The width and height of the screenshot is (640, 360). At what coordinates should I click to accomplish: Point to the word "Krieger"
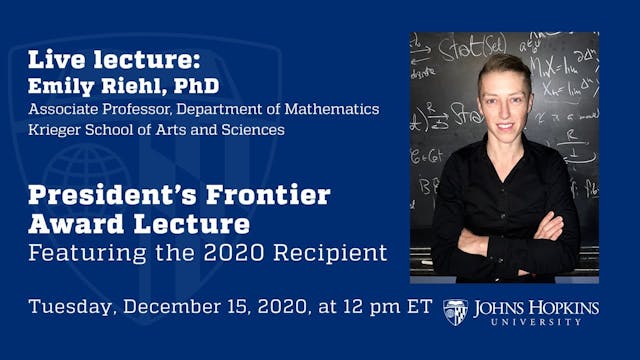coord(59,129)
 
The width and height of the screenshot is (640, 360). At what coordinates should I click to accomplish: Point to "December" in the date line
coord(177,306)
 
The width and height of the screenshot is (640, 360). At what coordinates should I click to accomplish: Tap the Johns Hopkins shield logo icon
coord(455,311)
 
